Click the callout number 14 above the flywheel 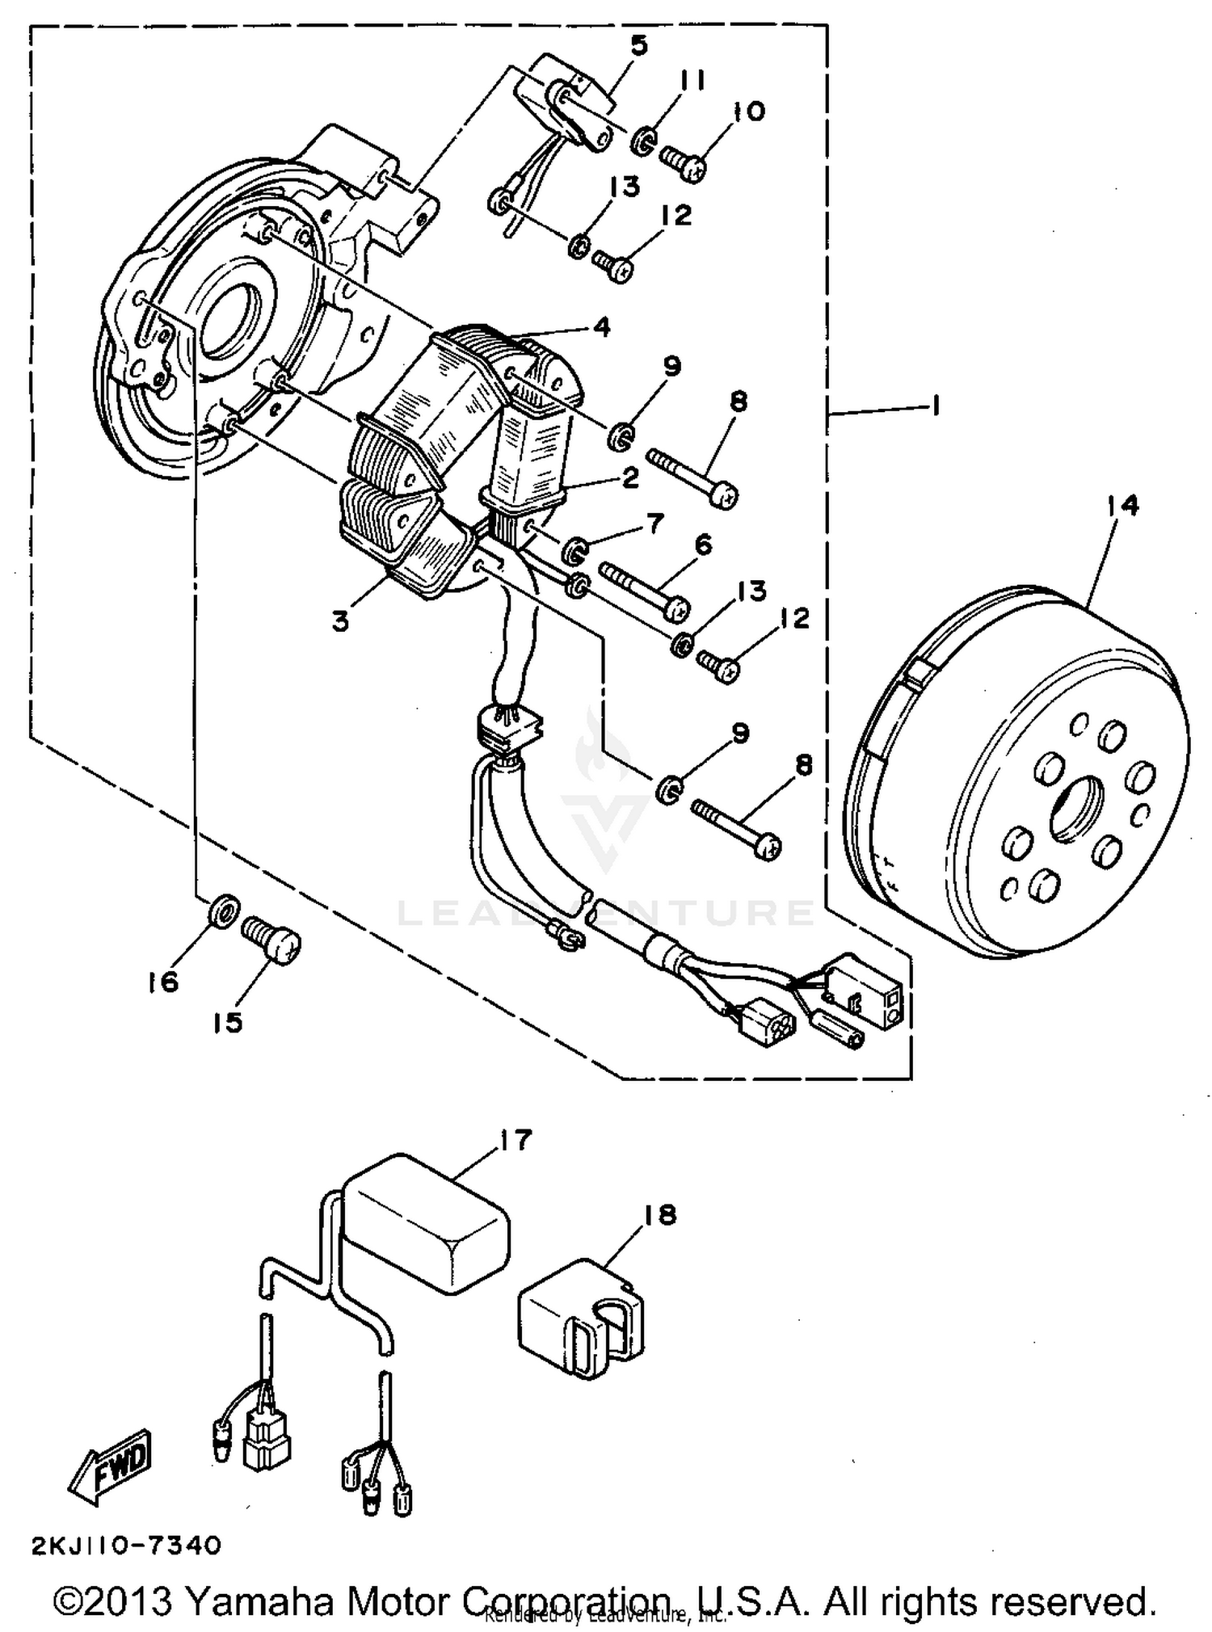click(1122, 506)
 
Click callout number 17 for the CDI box click(516, 1140)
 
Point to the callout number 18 click(660, 1214)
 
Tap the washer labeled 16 click(223, 911)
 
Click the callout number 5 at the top click(638, 46)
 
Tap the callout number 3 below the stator click(340, 621)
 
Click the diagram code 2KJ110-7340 click(125, 1545)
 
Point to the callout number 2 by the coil click(629, 478)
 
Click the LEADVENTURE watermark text click(606, 913)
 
